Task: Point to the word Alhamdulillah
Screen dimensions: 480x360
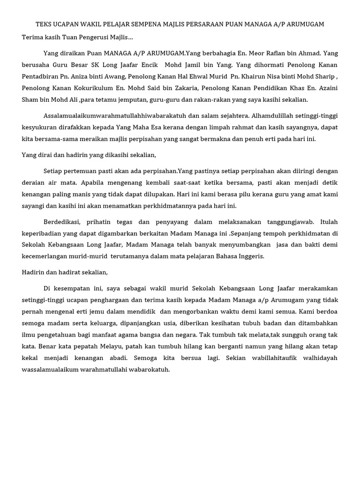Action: (278, 115)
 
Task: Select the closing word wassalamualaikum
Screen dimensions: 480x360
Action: (53, 369)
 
